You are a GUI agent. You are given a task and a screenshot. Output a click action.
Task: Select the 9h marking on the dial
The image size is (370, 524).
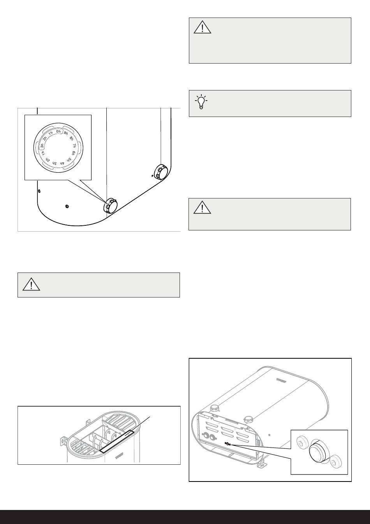(66, 133)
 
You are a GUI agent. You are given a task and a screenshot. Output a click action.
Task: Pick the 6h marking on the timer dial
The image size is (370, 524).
(73, 152)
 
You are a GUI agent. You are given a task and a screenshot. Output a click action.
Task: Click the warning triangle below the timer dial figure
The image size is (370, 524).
(31, 285)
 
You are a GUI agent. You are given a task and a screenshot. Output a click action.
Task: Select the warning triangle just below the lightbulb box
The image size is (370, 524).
(202, 208)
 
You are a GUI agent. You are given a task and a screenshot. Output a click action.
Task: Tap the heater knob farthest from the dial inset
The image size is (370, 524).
(161, 172)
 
